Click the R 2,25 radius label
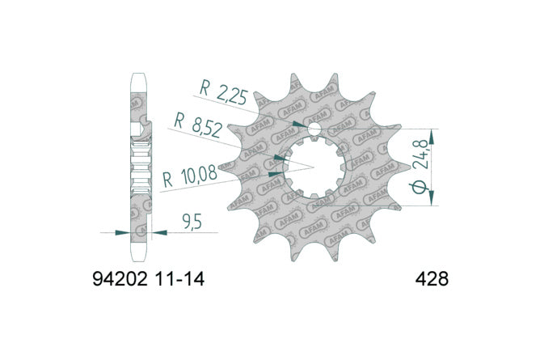[223, 93]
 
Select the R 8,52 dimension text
[197, 125]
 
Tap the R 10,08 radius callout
[190, 176]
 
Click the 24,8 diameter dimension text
[423, 155]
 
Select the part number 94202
[120, 279]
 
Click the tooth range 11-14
[180, 279]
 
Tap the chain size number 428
[432, 279]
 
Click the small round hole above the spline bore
[314, 129]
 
